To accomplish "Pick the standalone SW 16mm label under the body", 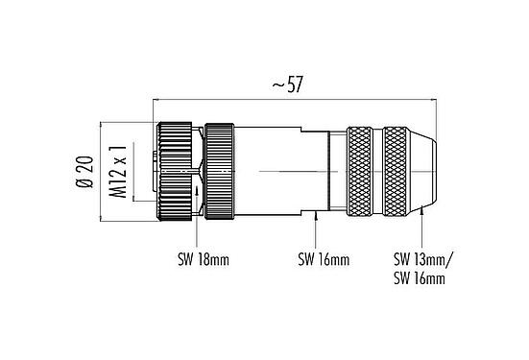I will [x=323, y=259].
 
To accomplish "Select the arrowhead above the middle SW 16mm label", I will [x=318, y=216].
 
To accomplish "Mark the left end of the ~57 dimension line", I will [x=154, y=99].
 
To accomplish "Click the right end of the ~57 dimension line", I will [x=438, y=99].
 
